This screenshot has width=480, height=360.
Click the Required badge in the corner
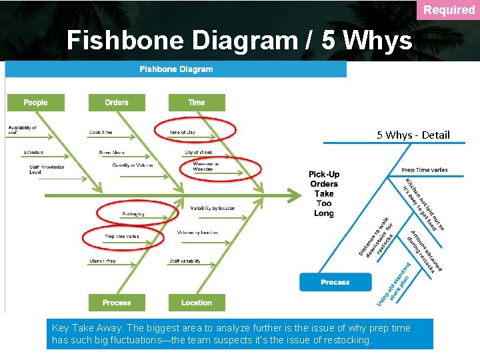449,9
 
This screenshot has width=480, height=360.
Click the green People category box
35,102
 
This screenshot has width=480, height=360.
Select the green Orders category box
117,102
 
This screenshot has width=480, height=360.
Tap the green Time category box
197,102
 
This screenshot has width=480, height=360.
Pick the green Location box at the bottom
197,303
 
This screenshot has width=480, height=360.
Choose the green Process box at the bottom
117,303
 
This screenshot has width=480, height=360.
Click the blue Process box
335,282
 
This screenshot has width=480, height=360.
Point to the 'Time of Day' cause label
183,132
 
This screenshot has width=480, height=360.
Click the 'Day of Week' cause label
198,153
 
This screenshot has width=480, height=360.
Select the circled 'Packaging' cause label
133,214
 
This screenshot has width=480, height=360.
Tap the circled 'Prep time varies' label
121,236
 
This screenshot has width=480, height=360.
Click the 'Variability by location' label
213,208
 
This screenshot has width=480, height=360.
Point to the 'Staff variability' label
185,261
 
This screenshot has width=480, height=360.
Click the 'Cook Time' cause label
101,132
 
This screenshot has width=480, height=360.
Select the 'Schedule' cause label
33,153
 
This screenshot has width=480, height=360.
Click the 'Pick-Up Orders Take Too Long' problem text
324,194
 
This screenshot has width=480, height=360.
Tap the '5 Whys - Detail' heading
413,135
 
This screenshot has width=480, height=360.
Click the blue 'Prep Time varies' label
425,170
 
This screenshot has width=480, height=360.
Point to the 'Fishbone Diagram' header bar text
176,69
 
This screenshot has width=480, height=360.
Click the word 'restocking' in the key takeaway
348,340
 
